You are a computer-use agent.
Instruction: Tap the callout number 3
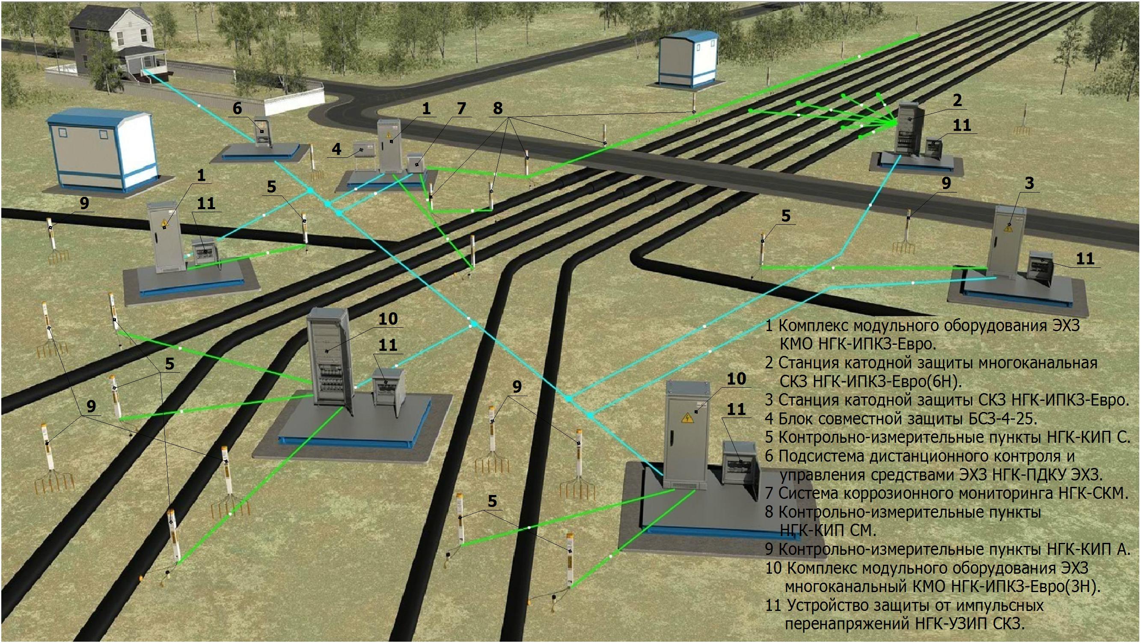(x=1029, y=183)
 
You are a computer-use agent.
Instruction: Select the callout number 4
(x=337, y=149)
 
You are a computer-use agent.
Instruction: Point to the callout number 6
(x=238, y=109)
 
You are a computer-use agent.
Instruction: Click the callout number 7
(x=461, y=109)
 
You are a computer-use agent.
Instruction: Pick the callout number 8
(x=497, y=109)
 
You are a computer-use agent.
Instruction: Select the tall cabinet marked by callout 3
(x=1008, y=243)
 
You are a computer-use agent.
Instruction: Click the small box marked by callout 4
(x=363, y=150)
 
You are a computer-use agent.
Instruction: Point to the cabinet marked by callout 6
(x=262, y=131)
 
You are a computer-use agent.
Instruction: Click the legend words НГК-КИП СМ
(x=827, y=530)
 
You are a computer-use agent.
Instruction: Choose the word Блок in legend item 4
(x=796, y=418)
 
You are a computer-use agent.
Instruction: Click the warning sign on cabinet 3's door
(x=1009, y=229)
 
